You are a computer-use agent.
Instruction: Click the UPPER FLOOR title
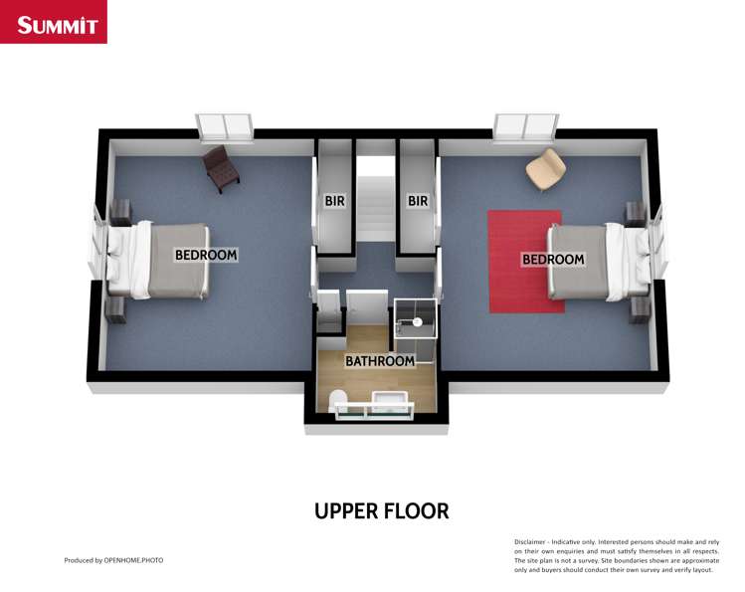tap(381, 511)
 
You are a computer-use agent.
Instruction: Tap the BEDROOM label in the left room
tap(206, 255)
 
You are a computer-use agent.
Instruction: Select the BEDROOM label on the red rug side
tap(553, 259)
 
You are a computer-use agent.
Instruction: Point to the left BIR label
tap(334, 201)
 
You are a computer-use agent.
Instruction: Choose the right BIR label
tap(418, 201)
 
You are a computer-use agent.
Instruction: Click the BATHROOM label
tap(379, 361)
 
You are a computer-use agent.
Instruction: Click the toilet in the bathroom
tap(337, 400)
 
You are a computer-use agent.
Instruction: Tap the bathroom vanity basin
tap(390, 402)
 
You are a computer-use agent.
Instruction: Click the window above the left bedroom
tap(225, 126)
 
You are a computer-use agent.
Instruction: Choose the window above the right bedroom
tap(524, 126)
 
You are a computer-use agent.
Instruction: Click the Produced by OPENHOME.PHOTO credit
tap(113, 560)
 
